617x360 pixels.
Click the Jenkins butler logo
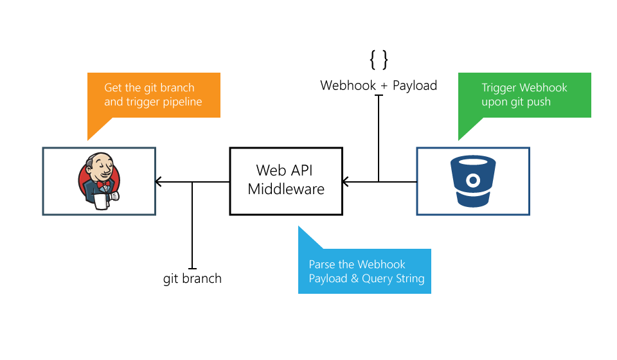pyautogui.click(x=98, y=181)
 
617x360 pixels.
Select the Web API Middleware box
pyautogui.click(x=286, y=181)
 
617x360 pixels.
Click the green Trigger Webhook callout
pyautogui.click(x=524, y=95)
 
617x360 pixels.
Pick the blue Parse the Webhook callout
pyautogui.click(x=365, y=271)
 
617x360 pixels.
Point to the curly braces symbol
pyautogui.click(x=379, y=60)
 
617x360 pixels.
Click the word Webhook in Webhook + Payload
pyautogui.click(x=348, y=85)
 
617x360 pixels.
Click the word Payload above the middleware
pyautogui.click(x=415, y=85)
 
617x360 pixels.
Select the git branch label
pyautogui.click(x=192, y=279)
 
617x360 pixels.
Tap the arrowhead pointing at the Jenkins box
pyautogui.click(x=159, y=182)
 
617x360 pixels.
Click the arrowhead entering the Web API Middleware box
pyautogui.click(x=345, y=182)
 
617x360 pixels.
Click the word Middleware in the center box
pyautogui.click(x=286, y=190)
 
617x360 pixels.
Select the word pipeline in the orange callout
pyautogui.click(x=181, y=102)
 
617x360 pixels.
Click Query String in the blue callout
pyautogui.click(x=393, y=278)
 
